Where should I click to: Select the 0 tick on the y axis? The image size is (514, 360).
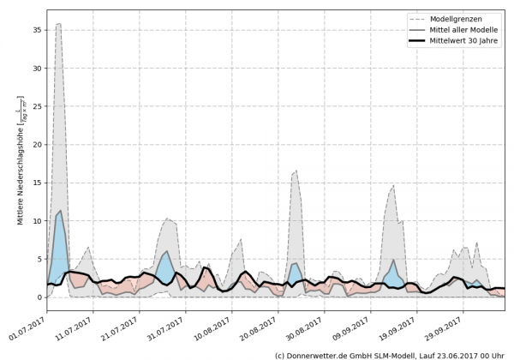39,297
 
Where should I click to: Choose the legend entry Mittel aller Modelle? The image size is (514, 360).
463,30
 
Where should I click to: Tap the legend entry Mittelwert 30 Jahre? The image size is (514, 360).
463,42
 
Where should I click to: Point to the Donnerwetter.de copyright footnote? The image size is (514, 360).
389,354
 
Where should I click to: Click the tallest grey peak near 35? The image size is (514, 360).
58,25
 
